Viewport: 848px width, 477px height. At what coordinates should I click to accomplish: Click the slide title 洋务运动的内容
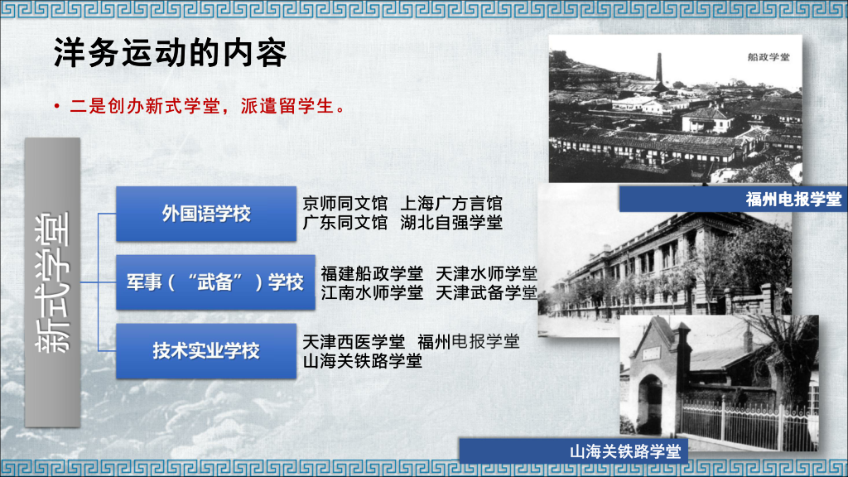tap(170, 54)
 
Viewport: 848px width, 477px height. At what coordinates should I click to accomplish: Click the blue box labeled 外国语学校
tap(205, 214)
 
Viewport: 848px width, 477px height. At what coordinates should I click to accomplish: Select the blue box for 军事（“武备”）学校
tap(215, 282)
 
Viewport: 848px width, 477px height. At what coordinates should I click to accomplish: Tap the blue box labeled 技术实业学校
tap(205, 350)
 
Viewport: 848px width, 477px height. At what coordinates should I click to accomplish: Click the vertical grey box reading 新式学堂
tap(53, 282)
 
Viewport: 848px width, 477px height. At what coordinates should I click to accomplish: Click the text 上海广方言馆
tap(451, 204)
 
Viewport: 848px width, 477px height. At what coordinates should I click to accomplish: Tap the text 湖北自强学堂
tap(451, 223)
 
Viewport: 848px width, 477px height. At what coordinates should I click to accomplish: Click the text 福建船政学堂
tap(372, 273)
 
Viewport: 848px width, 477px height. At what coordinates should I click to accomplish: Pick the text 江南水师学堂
tap(372, 292)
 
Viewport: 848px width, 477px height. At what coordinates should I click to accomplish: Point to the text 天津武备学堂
tap(486, 292)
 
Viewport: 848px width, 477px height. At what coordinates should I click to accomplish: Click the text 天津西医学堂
tap(354, 342)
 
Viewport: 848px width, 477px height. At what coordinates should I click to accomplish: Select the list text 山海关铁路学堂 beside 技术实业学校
tap(362, 361)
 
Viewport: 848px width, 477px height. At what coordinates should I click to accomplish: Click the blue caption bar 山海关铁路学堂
tap(624, 451)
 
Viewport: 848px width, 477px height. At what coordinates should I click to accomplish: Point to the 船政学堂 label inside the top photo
tap(768, 57)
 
